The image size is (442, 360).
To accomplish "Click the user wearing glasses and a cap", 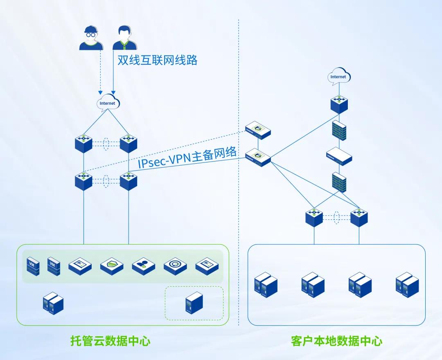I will tap(90, 38).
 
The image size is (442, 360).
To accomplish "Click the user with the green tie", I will tap(126, 38).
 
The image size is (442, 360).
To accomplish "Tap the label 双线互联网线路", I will tap(158, 60).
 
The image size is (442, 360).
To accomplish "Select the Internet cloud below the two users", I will tap(108, 103).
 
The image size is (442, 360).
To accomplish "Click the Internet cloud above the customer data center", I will tap(338, 76).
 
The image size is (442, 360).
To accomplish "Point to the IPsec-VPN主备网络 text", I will tap(187, 158).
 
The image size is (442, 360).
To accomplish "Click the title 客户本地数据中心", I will tap(337, 341).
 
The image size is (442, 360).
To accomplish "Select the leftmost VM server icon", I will tap(33, 266).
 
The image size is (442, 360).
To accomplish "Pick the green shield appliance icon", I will tap(112, 266).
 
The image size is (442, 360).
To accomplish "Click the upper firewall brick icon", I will tap(339, 131).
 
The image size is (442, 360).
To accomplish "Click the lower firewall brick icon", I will tap(339, 182).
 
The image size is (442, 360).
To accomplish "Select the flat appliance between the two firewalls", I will tap(339, 156).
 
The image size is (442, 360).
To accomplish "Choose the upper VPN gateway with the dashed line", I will tap(258, 130).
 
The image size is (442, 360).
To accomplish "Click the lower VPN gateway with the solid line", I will tap(258, 157).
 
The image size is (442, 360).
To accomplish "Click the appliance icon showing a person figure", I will tap(143, 266).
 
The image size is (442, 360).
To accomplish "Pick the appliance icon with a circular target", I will tap(175, 266).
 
